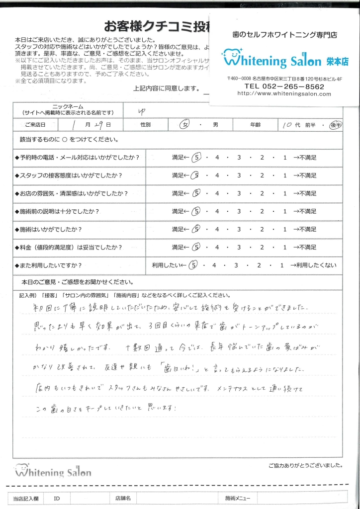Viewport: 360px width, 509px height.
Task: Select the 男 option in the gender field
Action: pos(215,125)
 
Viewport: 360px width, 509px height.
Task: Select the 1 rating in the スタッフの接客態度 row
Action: pos(284,175)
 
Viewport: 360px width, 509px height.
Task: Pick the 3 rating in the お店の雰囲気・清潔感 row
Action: pos(240,193)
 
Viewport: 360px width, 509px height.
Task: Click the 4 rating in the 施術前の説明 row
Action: pos(217,211)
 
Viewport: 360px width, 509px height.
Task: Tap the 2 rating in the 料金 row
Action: pos(262,247)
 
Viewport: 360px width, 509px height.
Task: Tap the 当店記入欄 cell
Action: pos(25,498)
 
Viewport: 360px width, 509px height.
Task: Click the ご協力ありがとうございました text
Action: pos(305,466)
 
